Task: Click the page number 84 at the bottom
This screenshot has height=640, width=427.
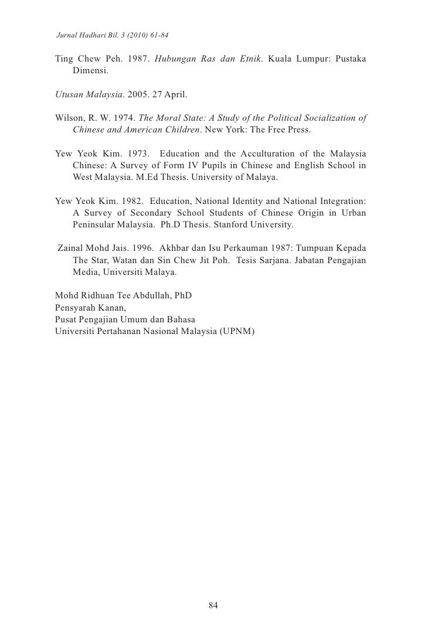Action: click(x=213, y=606)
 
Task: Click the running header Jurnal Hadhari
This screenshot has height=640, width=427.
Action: click(x=80, y=36)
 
